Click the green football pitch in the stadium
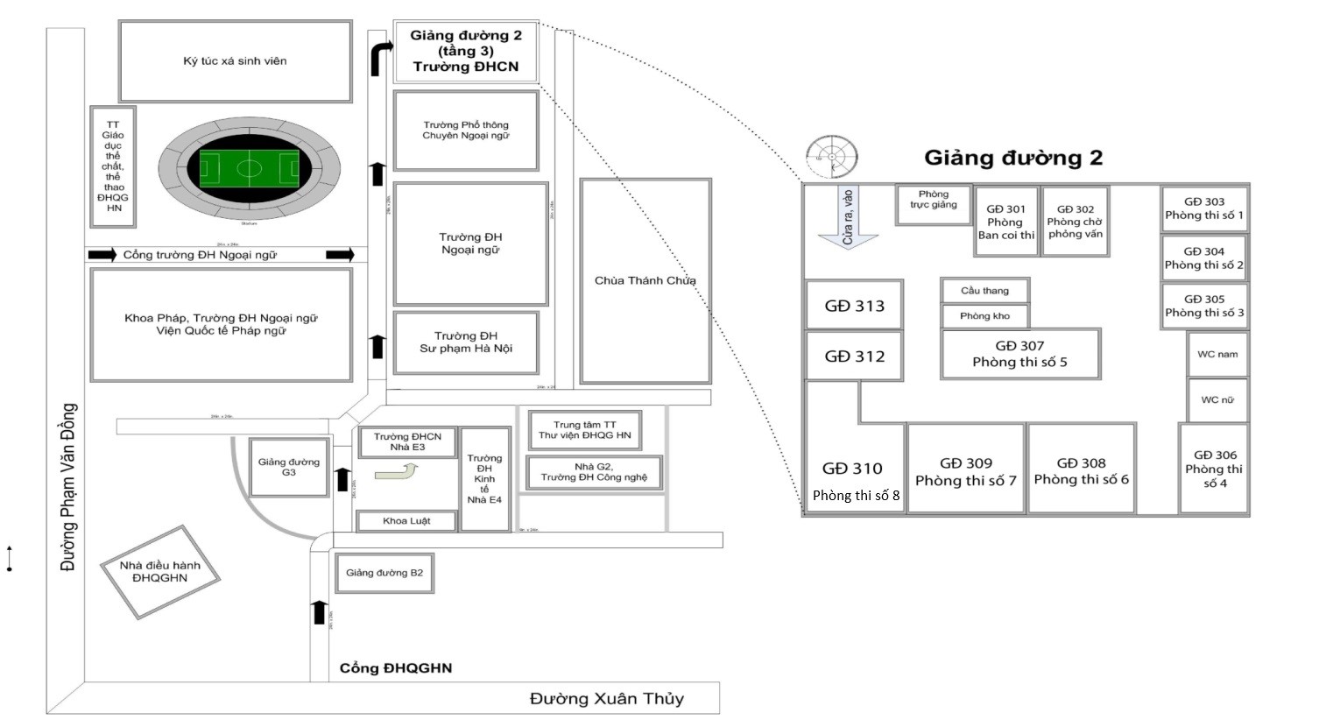pyautogui.click(x=250, y=168)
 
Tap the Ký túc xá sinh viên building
pyautogui.click(x=235, y=61)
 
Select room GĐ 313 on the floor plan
pyautogui.click(x=854, y=306)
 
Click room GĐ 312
pyautogui.click(x=854, y=356)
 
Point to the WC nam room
pyautogui.click(x=1217, y=355)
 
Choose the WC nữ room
pyautogui.click(x=1217, y=400)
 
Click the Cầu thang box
pyautogui.click(x=984, y=291)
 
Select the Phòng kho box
pyautogui.click(x=984, y=316)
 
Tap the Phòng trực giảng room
pyautogui.click(x=934, y=201)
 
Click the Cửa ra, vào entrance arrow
pyautogui.click(x=847, y=219)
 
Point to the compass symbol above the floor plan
pyautogui.click(x=831, y=157)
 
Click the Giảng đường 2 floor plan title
pyautogui.click(x=1013, y=159)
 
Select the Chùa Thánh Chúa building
pyautogui.click(x=645, y=281)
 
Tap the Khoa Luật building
pyautogui.click(x=406, y=521)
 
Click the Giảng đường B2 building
pyautogui.click(x=384, y=573)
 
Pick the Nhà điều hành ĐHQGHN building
pyautogui.click(x=159, y=571)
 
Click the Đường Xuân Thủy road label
pyautogui.click(x=606, y=699)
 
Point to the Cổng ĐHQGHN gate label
pyautogui.click(x=396, y=668)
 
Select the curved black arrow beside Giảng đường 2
pyautogui.click(x=380, y=59)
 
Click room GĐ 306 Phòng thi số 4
pyautogui.click(x=1214, y=469)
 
